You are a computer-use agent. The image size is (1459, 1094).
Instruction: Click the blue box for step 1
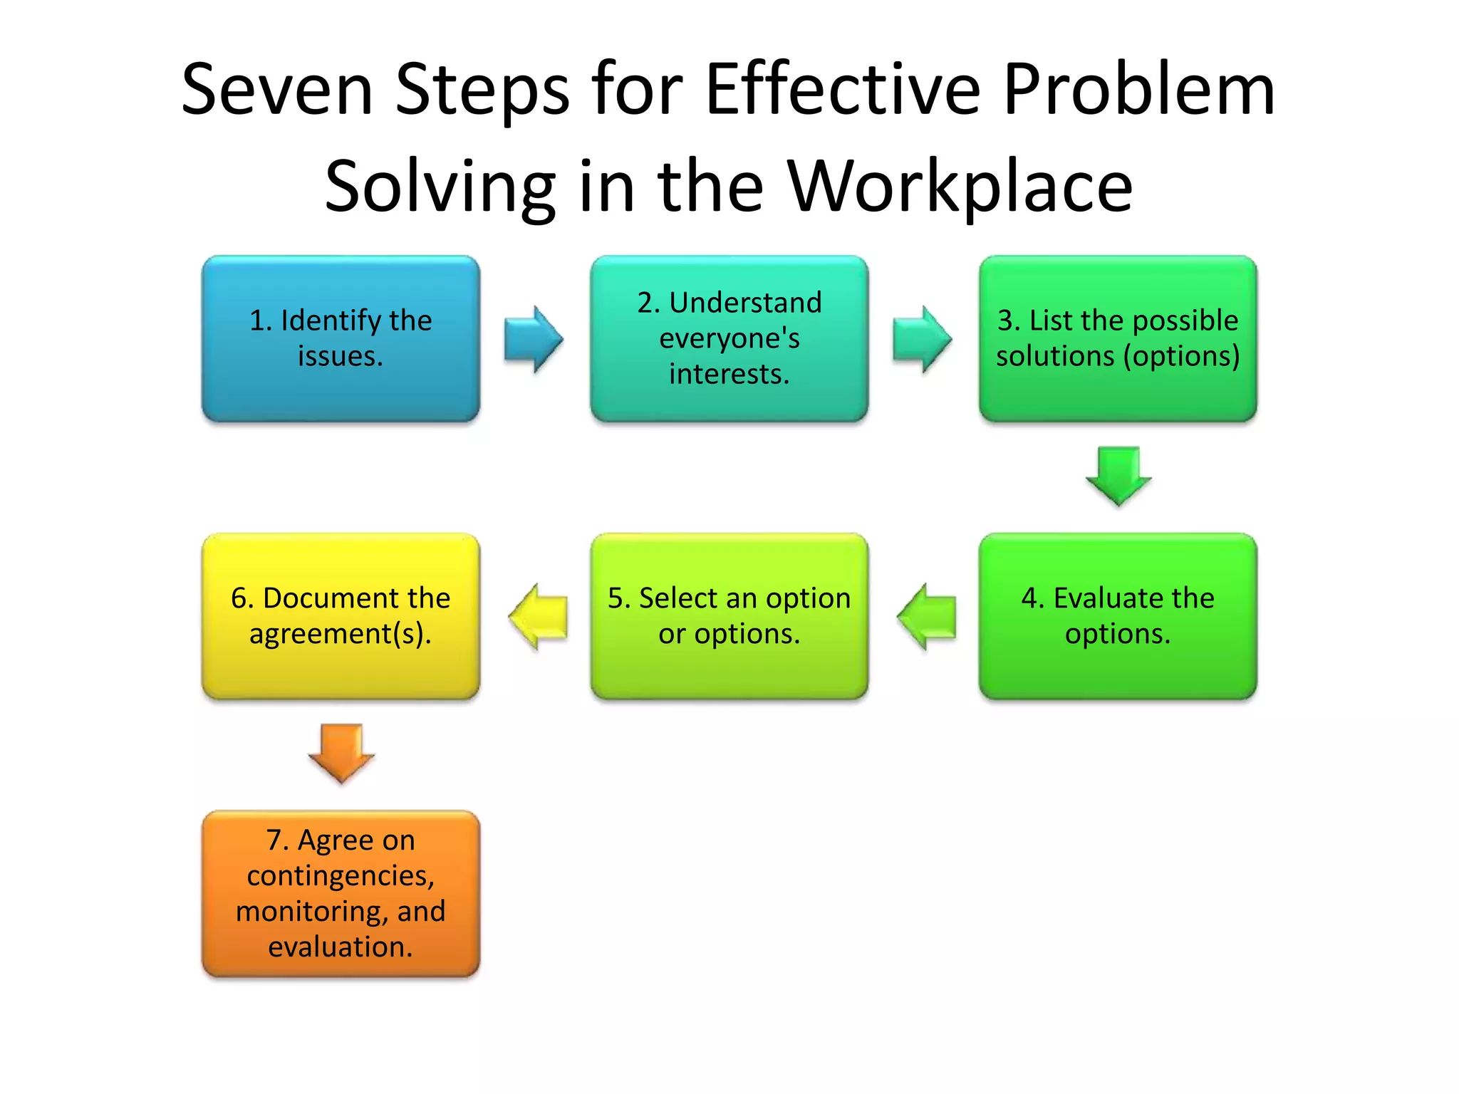click(341, 338)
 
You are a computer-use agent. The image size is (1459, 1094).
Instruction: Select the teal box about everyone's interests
click(729, 338)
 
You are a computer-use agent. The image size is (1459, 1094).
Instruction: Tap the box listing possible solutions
click(1117, 338)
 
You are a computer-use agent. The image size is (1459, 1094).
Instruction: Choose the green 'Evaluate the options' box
click(1117, 616)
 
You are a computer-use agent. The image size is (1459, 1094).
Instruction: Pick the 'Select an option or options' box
click(729, 616)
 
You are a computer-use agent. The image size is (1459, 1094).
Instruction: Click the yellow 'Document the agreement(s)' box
click(341, 616)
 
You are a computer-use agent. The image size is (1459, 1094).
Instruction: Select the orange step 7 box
click(341, 893)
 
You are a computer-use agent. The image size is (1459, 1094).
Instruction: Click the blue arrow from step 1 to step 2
click(533, 339)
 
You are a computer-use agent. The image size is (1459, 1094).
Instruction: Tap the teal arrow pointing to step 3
click(921, 339)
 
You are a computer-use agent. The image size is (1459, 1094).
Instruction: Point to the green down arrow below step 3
click(1118, 476)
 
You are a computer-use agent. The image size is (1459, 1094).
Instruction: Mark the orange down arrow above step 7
click(341, 753)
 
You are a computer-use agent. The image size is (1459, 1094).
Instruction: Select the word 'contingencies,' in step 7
click(341, 876)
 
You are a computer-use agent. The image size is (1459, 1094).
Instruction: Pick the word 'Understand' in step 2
click(746, 303)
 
